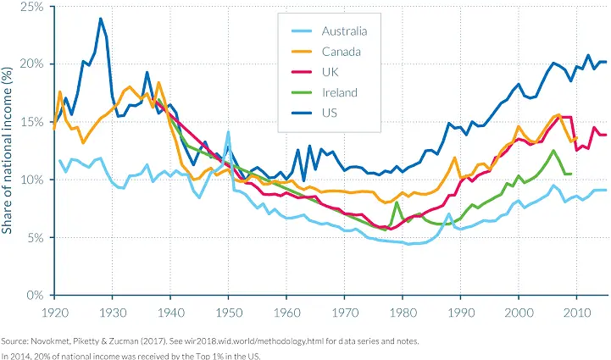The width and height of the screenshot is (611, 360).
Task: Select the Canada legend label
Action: (x=342, y=53)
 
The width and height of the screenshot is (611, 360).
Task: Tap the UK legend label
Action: (x=330, y=73)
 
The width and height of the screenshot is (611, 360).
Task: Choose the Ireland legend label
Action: (x=340, y=92)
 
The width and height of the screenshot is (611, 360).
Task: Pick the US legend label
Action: (x=330, y=113)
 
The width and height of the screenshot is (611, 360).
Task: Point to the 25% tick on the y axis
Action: (x=32, y=7)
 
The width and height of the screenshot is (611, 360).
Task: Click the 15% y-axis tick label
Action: (x=32, y=122)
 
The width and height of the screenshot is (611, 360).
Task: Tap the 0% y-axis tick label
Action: (x=36, y=296)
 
